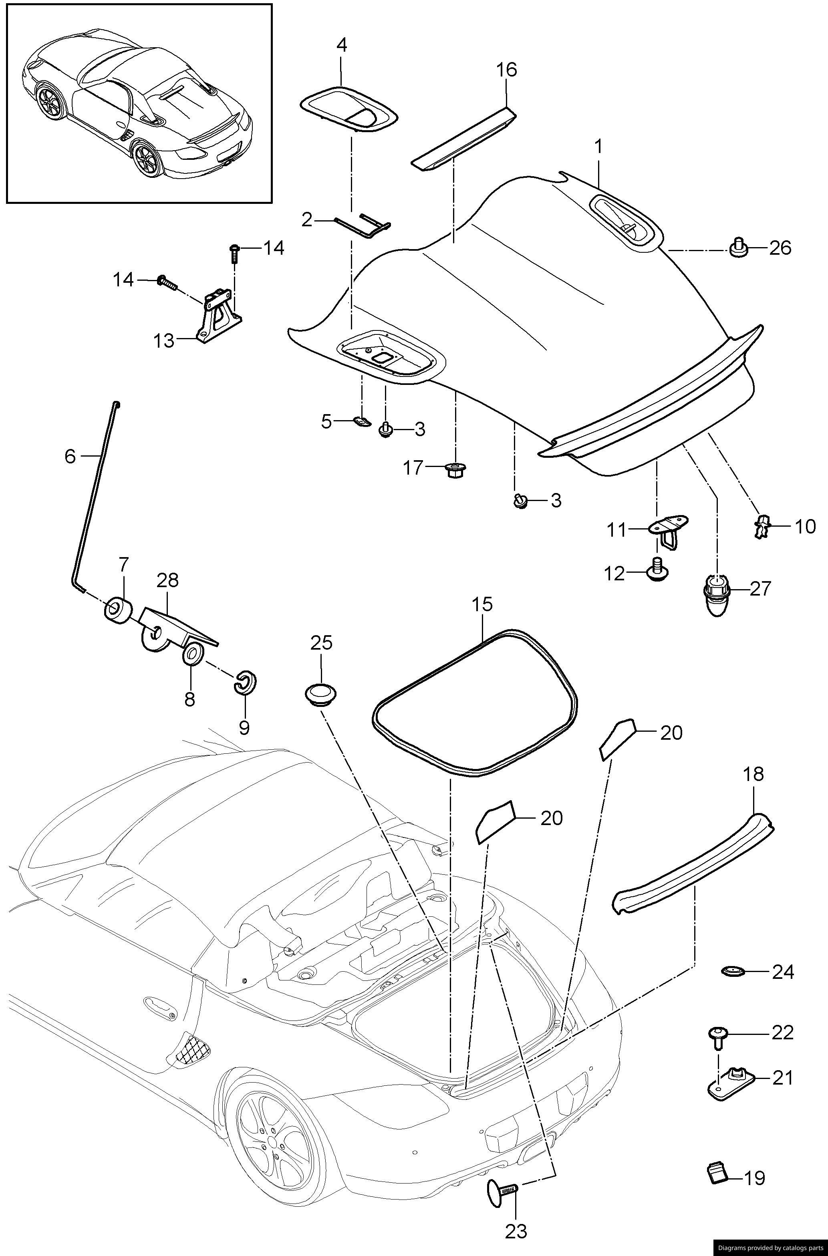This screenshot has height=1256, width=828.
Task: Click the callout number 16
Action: [506, 70]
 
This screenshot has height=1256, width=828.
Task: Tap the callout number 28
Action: [167, 581]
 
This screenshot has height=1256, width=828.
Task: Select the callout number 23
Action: [516, 1231]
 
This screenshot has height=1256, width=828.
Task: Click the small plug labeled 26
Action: [738, 247]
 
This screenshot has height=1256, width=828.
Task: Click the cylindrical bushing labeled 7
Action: [118, 611]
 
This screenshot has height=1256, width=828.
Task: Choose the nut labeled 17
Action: [455, 469]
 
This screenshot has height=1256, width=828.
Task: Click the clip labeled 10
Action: [761, 527]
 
